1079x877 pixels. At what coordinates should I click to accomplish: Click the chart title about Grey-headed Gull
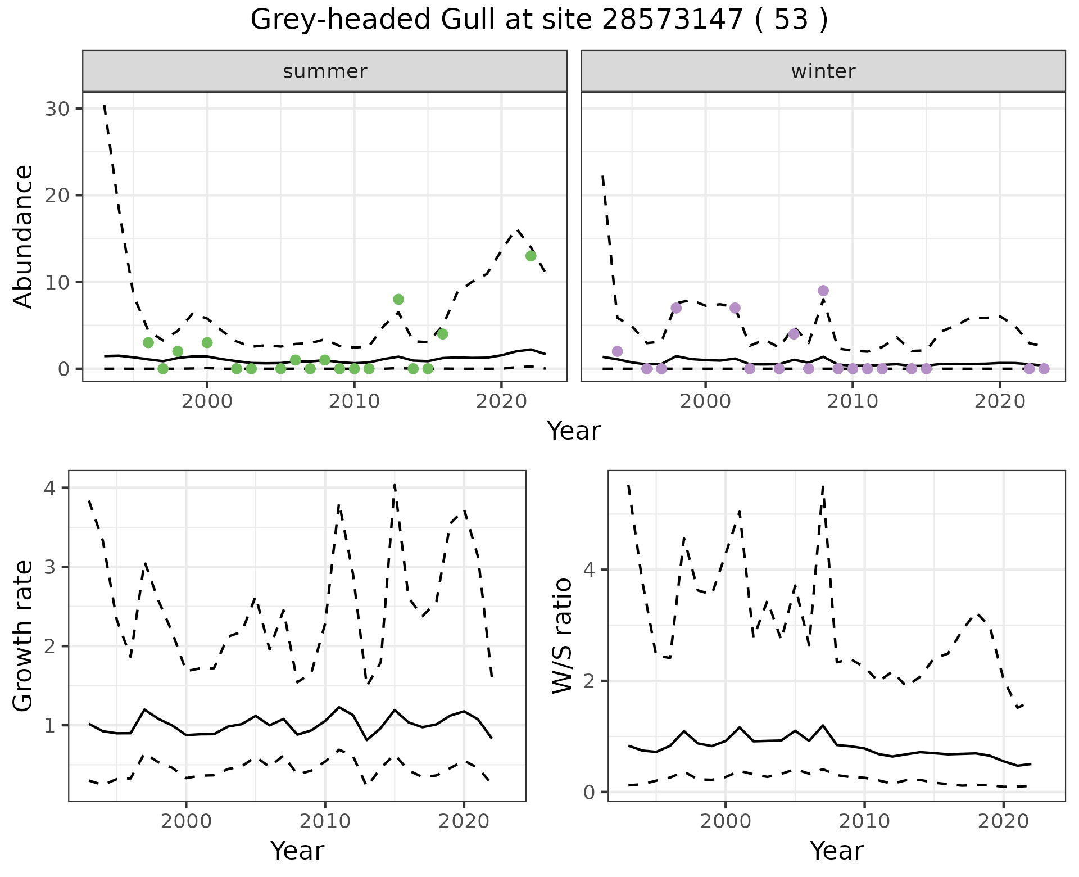539,20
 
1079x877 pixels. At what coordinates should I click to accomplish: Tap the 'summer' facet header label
325,71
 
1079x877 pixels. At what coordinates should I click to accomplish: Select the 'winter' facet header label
823,71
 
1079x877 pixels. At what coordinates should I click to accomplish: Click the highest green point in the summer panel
531,256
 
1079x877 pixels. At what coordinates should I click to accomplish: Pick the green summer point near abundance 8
398,299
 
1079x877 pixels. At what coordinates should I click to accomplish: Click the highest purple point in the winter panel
823,291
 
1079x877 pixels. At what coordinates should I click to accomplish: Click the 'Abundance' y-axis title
24,236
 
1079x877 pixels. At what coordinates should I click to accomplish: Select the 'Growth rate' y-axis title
24,635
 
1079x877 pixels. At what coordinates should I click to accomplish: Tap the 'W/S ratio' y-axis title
563,635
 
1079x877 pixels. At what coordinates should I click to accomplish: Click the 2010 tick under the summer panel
354,401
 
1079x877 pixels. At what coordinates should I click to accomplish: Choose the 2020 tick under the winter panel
1000,401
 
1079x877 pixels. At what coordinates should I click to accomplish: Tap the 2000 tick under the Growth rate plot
186,821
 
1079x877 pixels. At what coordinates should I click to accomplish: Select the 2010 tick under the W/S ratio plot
864,821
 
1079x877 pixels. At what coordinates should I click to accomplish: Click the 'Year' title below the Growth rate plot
297,851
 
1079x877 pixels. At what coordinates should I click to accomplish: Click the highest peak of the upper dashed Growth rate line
395,484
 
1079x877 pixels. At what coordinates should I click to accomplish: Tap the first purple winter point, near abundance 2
617,351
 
